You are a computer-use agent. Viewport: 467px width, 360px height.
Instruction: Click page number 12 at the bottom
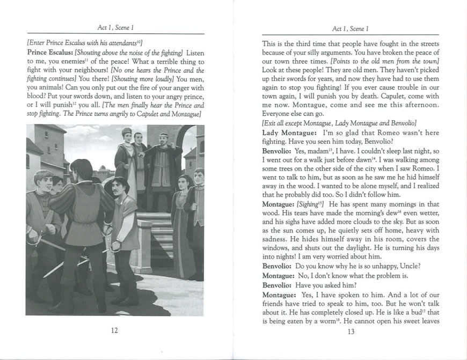tap(114, 330)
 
